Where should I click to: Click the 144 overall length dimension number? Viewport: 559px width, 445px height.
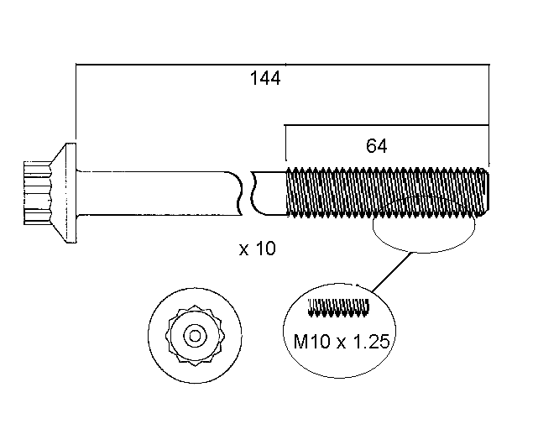coord(264,79)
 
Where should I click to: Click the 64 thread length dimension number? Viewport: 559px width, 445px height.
coord(376,145)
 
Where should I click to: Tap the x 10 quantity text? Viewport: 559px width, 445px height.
coord(257,249)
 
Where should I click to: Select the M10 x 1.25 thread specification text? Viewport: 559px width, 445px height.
coord(339,343)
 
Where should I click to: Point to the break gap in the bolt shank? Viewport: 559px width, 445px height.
coord(248,192)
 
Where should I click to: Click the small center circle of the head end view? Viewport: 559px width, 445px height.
coord(194,336)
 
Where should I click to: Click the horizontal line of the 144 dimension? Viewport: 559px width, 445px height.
coord(168,63)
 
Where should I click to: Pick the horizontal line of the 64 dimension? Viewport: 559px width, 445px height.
coord(336,126)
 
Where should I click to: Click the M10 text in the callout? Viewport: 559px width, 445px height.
coord(308,343)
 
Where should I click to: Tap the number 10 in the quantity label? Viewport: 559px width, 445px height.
coord(266,249)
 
